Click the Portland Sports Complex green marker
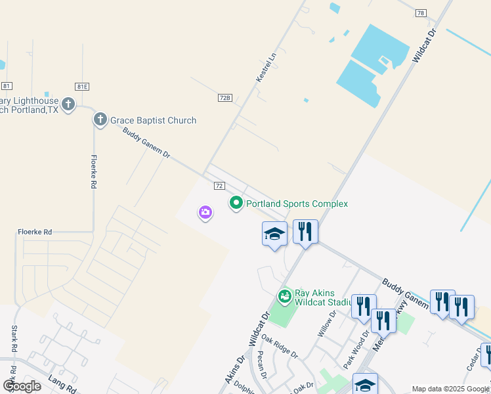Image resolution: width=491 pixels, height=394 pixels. click(x=236, y=204)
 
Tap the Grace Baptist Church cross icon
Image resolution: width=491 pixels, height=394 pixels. click(x=100, y=120)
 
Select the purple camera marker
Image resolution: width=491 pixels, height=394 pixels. click(x=205, y=212)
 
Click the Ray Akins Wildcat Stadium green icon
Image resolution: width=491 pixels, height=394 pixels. click(x=284, y=297)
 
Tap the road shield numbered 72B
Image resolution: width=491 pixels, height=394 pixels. click(x=224, y=97)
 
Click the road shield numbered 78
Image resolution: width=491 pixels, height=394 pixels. click(x=421, y=13)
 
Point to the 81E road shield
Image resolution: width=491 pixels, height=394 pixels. click(x=82, y=86)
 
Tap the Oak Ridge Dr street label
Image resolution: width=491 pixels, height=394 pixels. click(x=279, y=345)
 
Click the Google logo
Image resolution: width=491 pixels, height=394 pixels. click(x=22, y=386)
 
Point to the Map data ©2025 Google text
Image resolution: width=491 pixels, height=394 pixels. click(x=450, y=389)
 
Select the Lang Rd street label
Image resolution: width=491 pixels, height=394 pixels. click(x=63, y=385)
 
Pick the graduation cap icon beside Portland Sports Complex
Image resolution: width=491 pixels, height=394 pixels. click(x=274, y=234)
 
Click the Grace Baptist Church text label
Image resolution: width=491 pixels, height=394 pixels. click(x=153, y=120)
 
